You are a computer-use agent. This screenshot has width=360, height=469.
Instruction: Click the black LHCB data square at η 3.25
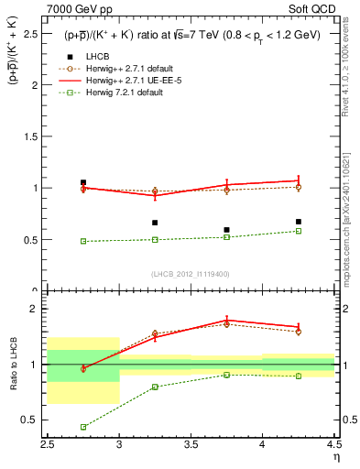click(x=155, y=223)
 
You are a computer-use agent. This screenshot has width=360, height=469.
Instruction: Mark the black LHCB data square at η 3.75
click(x=226, y=230)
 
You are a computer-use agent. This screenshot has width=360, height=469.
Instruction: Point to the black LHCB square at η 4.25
click(x=298, y=222)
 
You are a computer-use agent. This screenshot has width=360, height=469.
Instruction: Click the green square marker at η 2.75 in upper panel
click(x=83, y=241)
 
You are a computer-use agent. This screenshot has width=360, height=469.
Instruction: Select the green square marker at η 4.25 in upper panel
click(x=298, y=231)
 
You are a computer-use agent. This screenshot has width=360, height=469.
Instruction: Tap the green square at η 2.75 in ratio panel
click(x=83, y=427)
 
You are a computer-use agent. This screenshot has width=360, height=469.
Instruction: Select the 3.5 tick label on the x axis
click(x=191, y=445)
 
